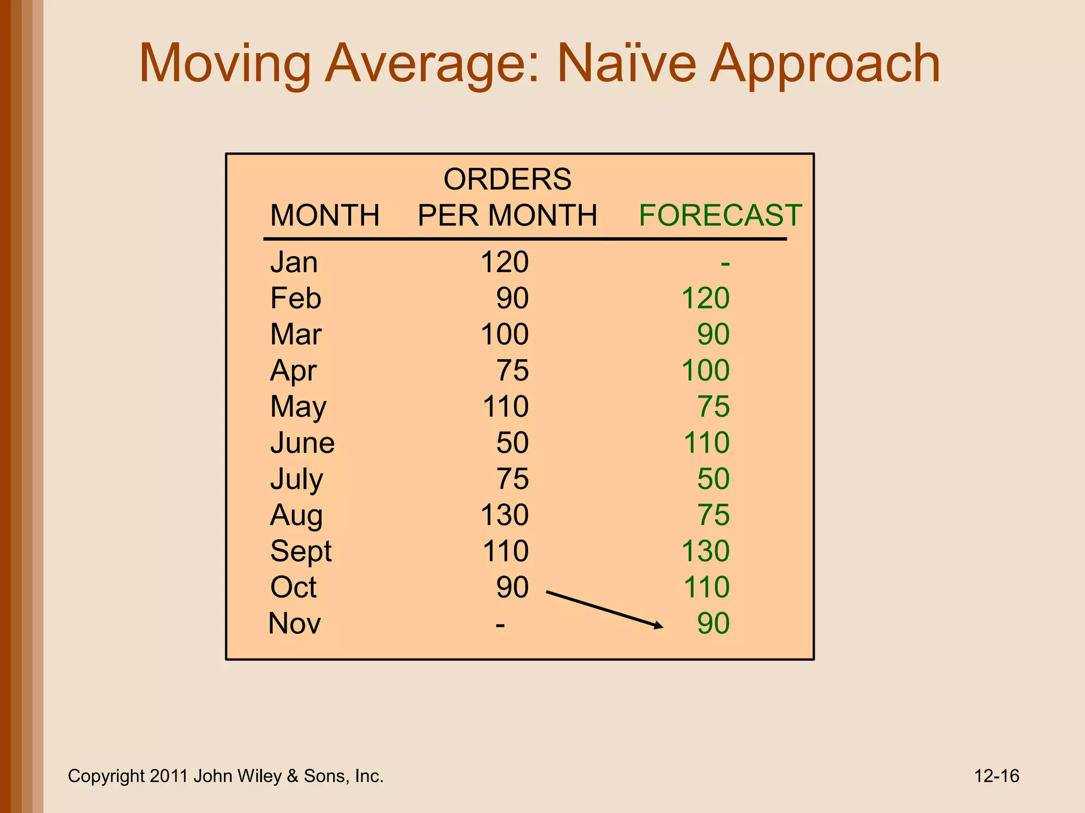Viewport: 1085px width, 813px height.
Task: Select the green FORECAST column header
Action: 720,215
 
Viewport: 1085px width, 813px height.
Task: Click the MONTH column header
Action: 325,215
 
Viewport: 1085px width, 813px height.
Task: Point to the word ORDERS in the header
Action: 507,179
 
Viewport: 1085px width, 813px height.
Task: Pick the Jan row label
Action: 294,262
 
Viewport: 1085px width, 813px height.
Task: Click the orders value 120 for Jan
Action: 504,262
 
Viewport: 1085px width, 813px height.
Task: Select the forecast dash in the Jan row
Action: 725,263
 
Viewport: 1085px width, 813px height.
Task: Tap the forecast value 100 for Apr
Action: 705,371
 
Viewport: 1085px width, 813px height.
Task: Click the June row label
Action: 302,442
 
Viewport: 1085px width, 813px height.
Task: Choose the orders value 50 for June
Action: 512,442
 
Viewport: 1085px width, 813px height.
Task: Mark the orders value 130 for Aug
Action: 504,515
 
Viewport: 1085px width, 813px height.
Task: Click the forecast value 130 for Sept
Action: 705,551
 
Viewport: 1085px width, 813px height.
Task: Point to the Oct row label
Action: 293,587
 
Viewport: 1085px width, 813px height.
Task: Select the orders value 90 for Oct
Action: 512,587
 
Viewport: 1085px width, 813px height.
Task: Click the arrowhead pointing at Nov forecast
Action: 658,626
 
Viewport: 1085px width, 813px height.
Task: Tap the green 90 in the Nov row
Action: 713,624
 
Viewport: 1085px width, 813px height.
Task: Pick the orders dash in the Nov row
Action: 500,625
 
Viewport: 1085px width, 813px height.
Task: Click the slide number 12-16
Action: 996,776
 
